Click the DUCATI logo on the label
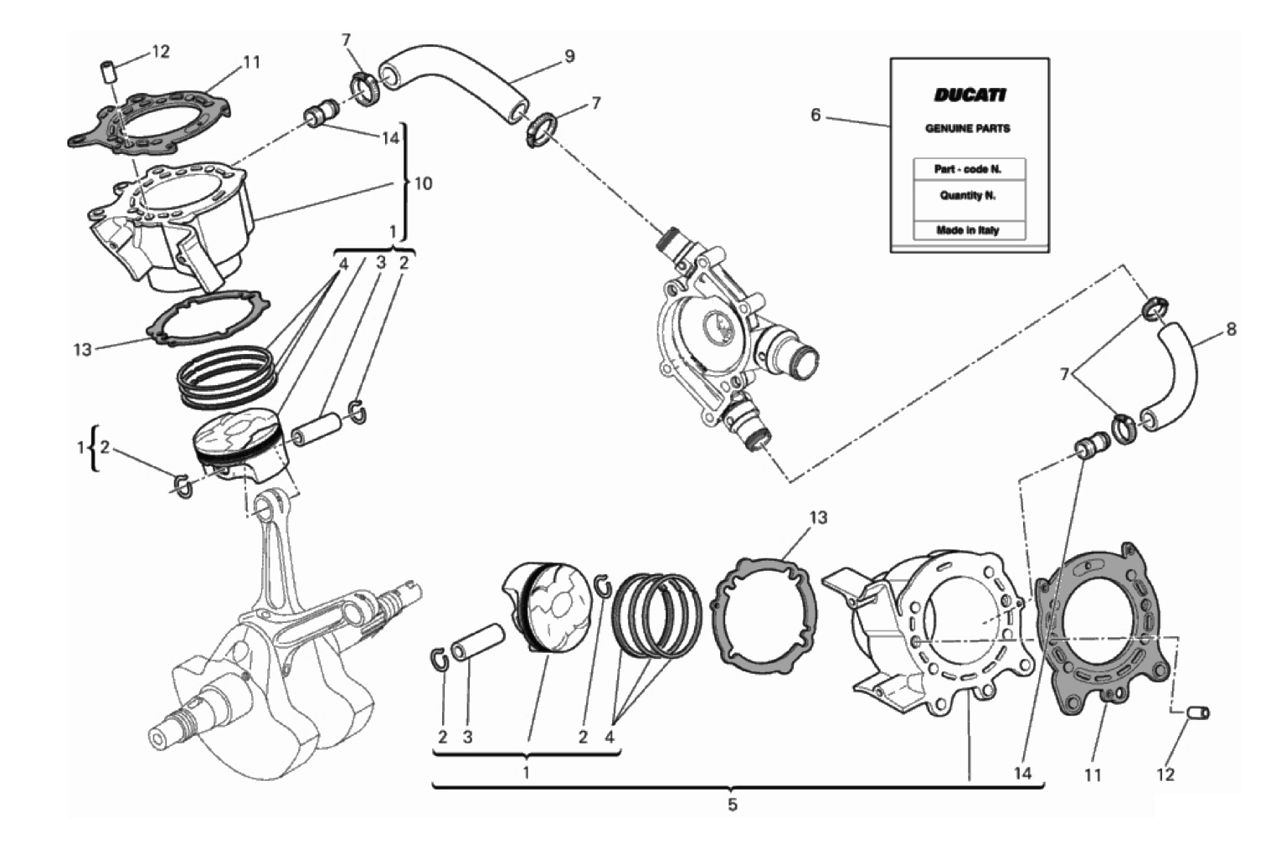click(x=969, y=95)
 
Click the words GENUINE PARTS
click(x=967, y=129)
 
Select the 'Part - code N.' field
click(x=968, y=169)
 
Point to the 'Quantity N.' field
click(x=968, y=196)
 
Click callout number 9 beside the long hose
click(x=569, y=56)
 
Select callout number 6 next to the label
click(x=816, y=116)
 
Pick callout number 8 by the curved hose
click(x=1231, y=330)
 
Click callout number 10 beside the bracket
click(x=424, y=184)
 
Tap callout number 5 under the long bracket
click(x=733, y=805)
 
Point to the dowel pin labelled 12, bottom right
click(x=1196, y=712)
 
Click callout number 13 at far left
click(x=82, y=349)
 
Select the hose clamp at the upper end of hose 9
click(x=364, y=89)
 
